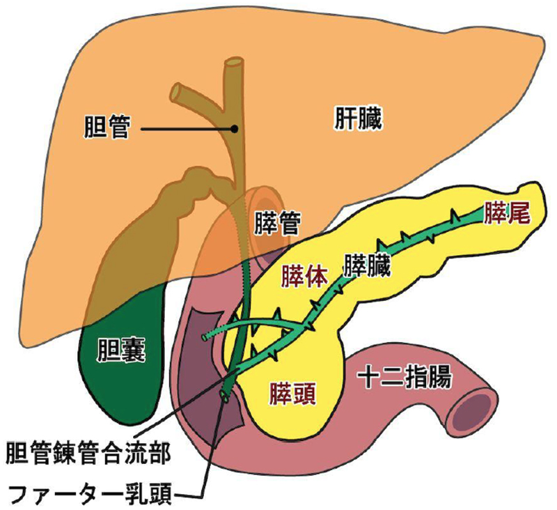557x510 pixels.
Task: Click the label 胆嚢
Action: (122, 351)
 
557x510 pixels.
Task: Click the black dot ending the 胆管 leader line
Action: (235, 128)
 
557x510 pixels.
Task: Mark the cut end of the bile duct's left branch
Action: (177, 91)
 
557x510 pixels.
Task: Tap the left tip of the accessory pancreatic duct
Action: (205, 337)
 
